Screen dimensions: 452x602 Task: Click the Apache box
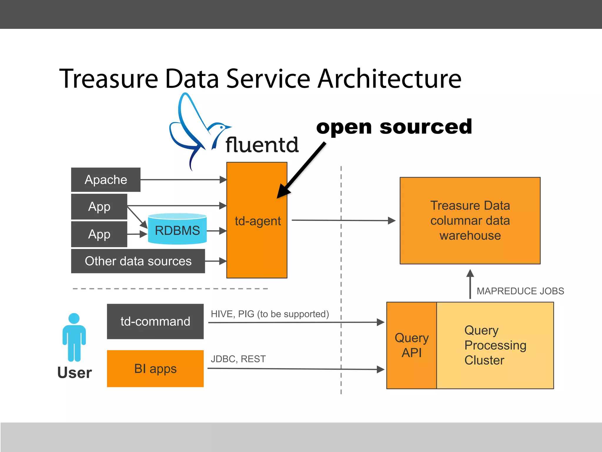pos(106,180)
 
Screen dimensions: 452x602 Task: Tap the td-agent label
pos(257,221)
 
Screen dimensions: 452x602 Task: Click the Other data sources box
pos(138,261)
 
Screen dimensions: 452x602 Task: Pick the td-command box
pos(155,321)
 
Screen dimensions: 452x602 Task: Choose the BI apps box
pos(155,369)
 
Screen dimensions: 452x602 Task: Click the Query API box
pos(412,345)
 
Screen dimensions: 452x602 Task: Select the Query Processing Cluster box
pos(495,345)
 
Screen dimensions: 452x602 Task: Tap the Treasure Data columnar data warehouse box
pos(470,220)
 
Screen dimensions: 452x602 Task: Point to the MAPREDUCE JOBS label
pos(520,291)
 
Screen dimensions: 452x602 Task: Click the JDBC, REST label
pos(238,359)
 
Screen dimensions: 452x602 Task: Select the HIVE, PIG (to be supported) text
pos(270,314)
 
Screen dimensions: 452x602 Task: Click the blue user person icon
pos(74,337)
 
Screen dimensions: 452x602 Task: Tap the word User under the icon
pos(75,373)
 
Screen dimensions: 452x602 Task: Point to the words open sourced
pos(394,127)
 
